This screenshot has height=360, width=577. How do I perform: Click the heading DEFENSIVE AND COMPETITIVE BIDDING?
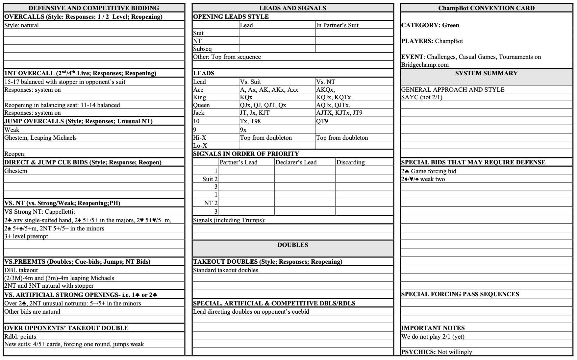94,8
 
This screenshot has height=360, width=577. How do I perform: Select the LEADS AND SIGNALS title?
292,8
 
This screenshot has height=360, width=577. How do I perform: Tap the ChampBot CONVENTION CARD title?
486,8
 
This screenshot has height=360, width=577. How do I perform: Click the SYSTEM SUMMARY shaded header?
486,73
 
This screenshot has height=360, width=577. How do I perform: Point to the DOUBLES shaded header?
292,245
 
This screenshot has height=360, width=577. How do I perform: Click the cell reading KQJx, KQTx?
333,97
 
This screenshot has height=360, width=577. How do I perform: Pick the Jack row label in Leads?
199,113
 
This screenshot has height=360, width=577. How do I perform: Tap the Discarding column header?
350,162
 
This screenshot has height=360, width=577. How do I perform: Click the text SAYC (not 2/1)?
422,97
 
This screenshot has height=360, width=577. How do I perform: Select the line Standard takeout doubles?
226,270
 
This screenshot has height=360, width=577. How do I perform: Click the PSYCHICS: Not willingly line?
437,352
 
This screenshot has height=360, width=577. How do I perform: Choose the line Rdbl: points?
20,337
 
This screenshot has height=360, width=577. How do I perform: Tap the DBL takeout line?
21,270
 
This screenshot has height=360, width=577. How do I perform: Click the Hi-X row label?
200,138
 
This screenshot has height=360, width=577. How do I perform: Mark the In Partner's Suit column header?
337,25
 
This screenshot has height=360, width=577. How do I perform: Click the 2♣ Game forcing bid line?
429,171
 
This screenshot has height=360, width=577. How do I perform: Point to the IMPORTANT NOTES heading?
433,328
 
